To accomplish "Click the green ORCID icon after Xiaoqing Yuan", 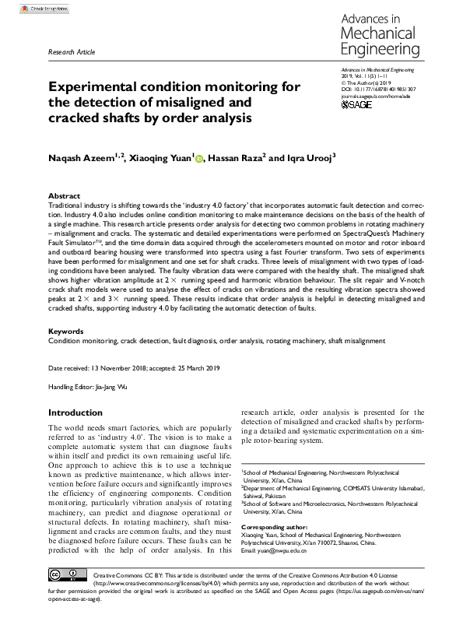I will coord(198,159).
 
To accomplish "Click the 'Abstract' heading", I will coord(64,195).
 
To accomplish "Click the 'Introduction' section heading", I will coord(80,412).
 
